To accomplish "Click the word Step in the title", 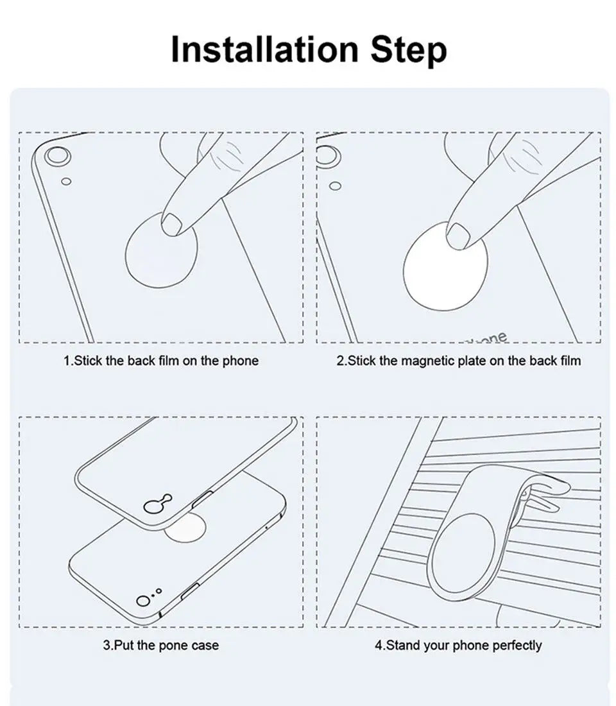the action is (x=408, y=51).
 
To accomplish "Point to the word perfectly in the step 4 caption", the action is (x=517, y=646).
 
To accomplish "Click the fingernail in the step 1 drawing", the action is (x=171, y=224).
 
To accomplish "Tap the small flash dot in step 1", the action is (x=66, y=181).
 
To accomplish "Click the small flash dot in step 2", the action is (x=335, y=185).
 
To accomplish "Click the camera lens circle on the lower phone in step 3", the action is (x=143, y=601).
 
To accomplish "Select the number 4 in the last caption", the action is (x=378, y=645).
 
